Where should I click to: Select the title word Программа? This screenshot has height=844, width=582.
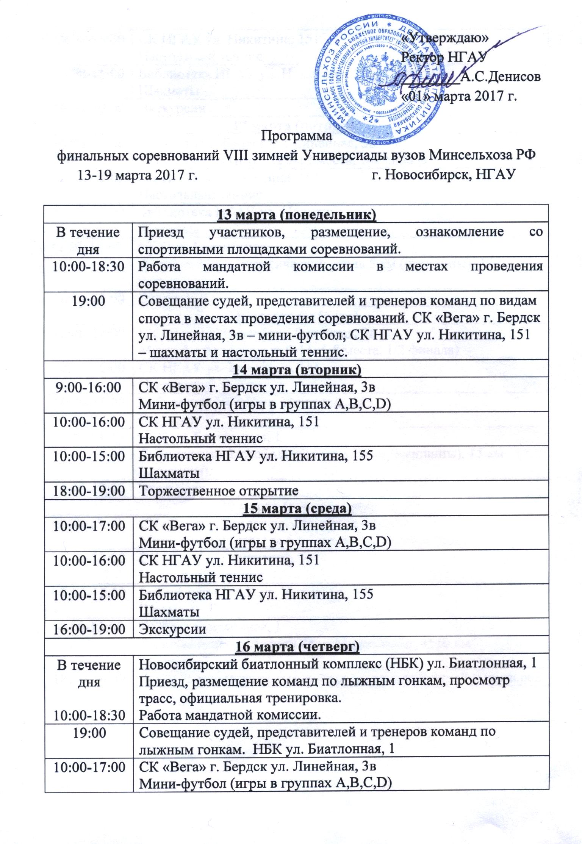tap(297, 135)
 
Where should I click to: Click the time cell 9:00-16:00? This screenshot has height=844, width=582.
tap(89, 388)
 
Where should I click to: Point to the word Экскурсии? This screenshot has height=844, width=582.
tap(173, 630)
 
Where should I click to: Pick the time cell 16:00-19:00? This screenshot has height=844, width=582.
tap(89, 630)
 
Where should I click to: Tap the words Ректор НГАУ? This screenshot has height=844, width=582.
tap(446, 58)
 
